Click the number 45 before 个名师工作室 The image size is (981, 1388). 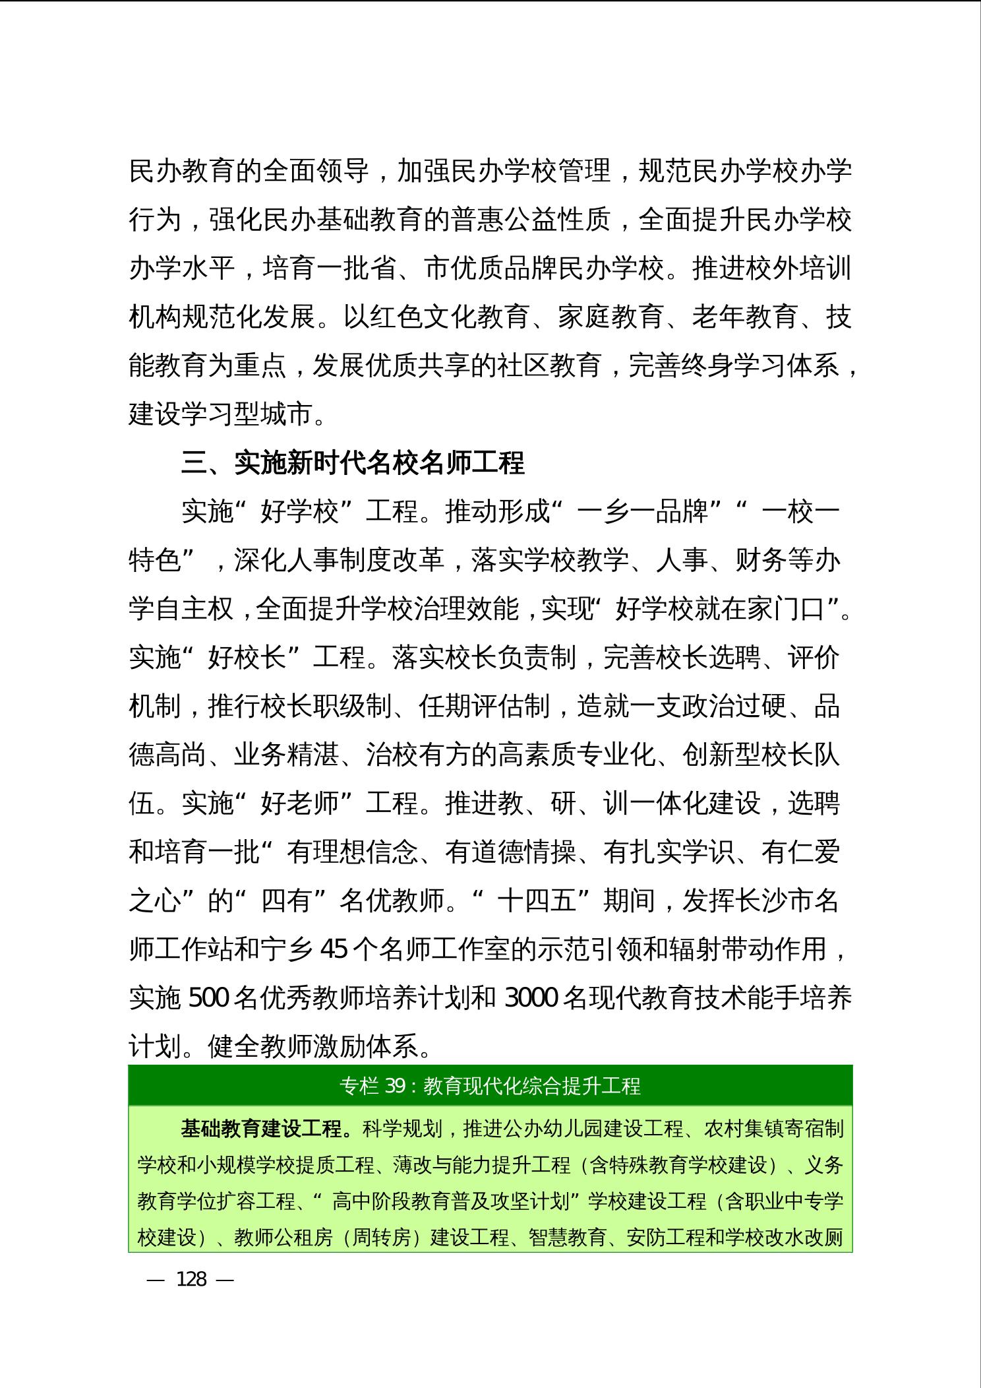332,950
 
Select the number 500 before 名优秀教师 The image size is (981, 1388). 209,999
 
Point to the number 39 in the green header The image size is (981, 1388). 394,1085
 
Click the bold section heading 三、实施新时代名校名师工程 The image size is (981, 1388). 353,463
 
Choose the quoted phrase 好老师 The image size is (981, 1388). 300,804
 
